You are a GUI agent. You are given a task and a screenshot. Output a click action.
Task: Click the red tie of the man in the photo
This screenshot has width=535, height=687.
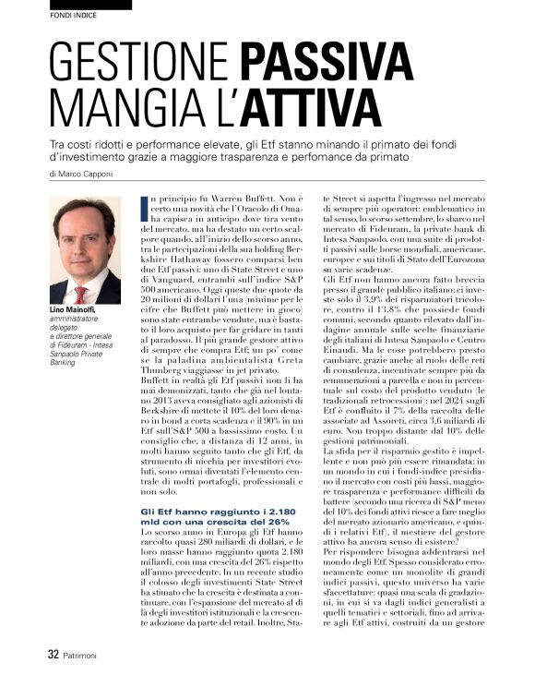[82, 293]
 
